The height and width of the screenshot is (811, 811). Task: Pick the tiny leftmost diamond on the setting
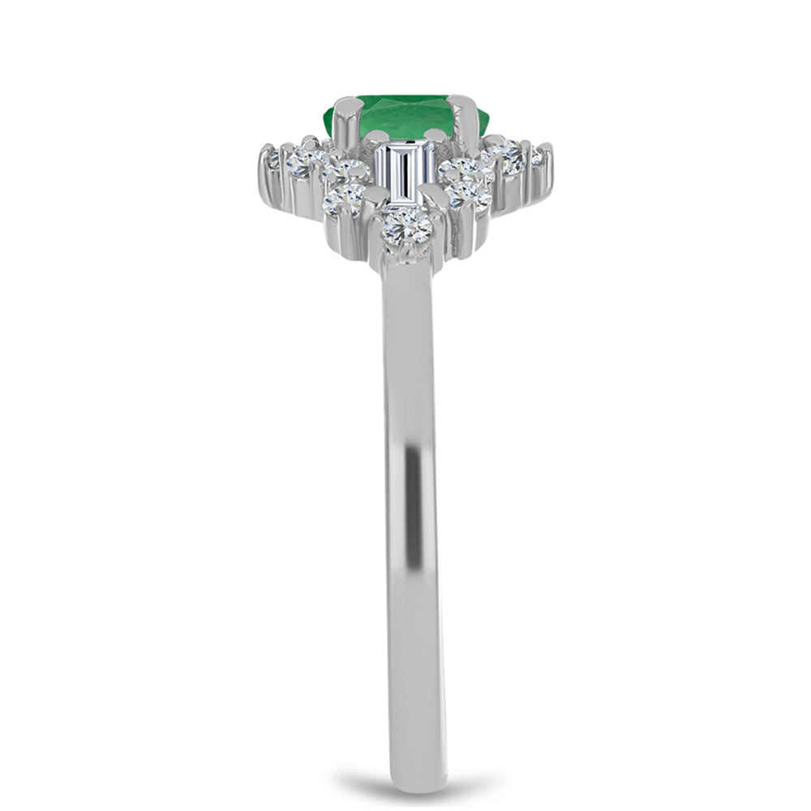(x=272, y=161)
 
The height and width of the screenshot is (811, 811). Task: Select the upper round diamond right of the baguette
(x=459, y=170)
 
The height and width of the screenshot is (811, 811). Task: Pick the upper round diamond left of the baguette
(x=347, y=171)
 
